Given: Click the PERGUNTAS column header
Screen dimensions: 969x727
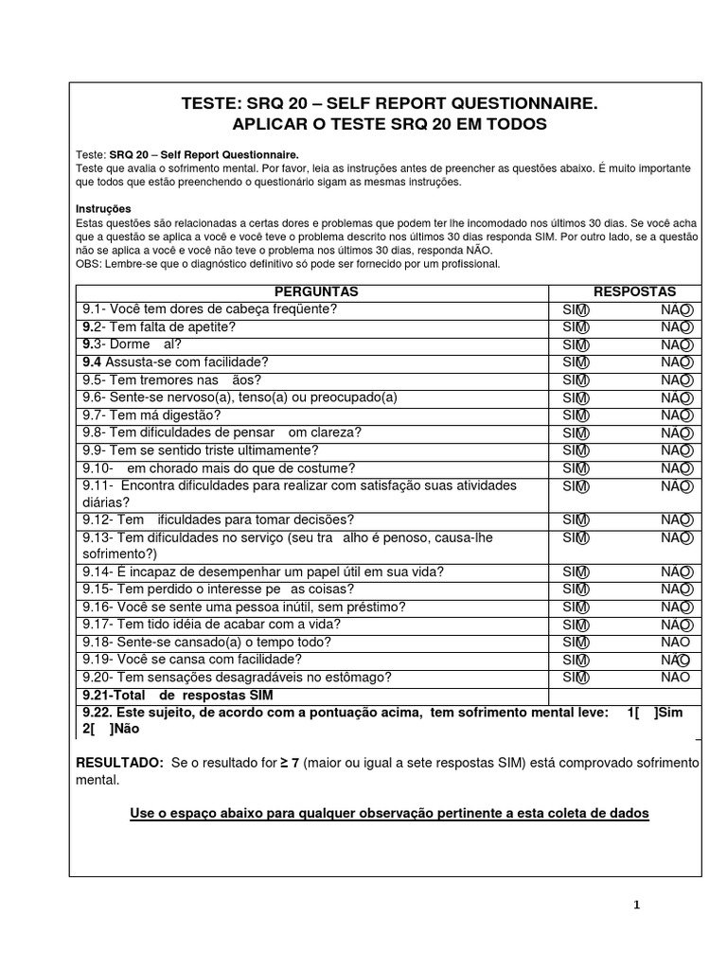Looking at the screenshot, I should coord(316,291).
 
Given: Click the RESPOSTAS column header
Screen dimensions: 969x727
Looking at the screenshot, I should coord(634,291).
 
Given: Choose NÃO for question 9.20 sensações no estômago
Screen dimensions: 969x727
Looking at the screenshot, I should coord(676,678).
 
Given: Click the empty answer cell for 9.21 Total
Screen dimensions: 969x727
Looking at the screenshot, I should coord(625,696).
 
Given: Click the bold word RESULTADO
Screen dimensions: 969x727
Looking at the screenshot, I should coord(119,763).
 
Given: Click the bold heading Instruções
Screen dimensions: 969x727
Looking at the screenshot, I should coord(103,208).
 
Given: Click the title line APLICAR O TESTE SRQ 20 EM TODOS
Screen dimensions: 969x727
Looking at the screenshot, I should coord(389,125).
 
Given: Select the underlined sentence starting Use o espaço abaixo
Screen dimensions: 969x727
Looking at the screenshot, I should coord(389,814).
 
